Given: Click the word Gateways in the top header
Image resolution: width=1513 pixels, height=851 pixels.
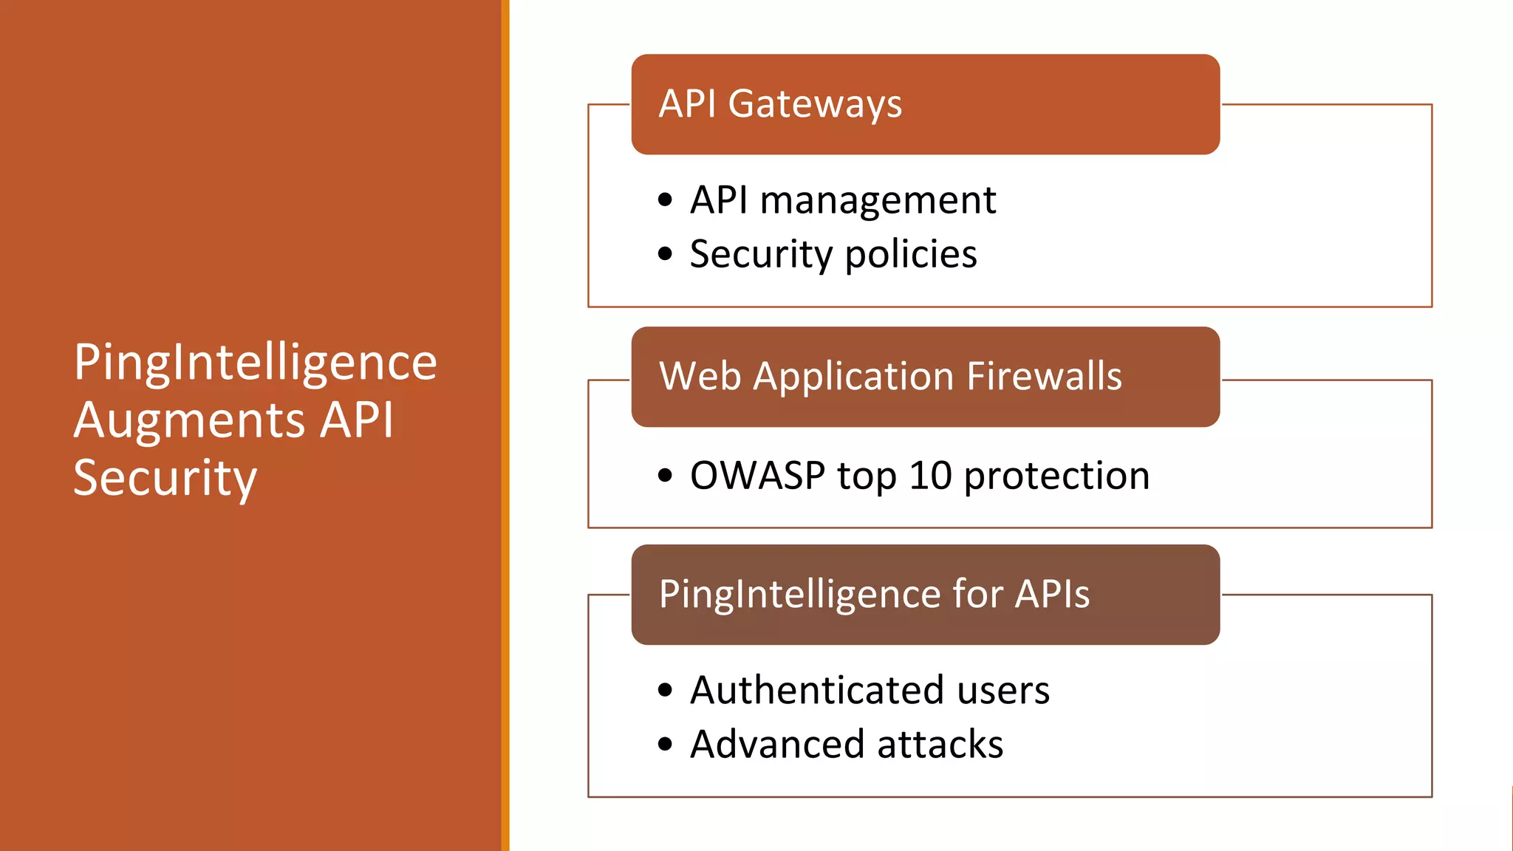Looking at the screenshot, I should [x=815, y=104].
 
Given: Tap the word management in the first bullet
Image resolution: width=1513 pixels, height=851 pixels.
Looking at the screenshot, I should [x=878, y=201].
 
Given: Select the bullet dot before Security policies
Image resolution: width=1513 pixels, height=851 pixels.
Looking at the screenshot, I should [x=665, y=254].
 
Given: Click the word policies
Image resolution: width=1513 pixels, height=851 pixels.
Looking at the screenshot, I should [x=910, y=255].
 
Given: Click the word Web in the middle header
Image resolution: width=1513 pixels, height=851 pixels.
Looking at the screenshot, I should [x=700, y=376].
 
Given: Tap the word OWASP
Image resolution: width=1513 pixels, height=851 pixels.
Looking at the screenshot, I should [x=757, y=475].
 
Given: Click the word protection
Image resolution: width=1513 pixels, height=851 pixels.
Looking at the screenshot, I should [x=1056, y=476].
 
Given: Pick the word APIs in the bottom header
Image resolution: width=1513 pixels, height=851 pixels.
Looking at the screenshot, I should [x=1052, y=594].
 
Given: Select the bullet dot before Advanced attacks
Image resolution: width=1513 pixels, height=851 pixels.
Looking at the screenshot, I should [x=665, y=744].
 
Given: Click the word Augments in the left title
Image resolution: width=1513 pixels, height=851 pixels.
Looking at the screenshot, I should [x=189, y=421].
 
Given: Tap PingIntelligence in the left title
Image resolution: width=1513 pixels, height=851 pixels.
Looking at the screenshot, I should [x=255, y=363].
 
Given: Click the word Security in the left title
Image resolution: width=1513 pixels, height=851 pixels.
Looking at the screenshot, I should [x=165, y=479].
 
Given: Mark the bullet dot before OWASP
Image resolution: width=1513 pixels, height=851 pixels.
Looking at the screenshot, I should [x=665, y=475].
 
